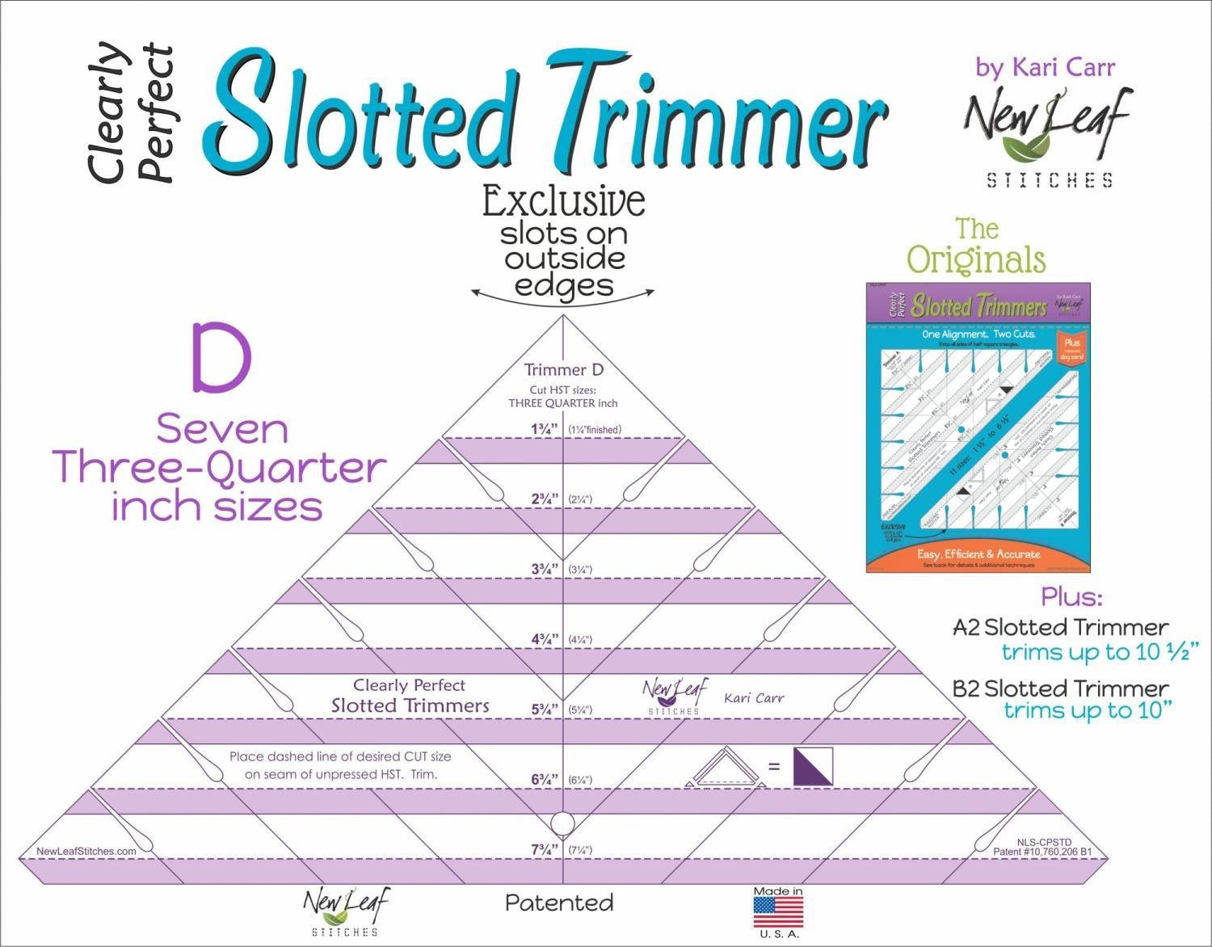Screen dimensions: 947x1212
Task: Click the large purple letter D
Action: tap(221, 358)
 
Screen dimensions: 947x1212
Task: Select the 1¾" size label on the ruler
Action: tap(544, 430)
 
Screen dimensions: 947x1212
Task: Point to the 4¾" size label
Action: tap(544, 639)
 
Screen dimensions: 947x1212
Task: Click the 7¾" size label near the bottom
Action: tap(544, 850)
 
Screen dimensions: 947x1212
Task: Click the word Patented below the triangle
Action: tap(559, 903)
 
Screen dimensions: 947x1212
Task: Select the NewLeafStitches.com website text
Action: tap(86, 851)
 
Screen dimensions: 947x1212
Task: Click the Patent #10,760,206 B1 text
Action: tap(1042, 852)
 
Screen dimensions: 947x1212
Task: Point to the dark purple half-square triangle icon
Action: tap(812, 766)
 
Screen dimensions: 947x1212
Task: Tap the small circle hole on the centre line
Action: tap(562, 824)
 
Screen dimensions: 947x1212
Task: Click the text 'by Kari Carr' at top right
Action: tap(1045, 68)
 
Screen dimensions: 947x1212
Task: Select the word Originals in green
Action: tap(976, 260)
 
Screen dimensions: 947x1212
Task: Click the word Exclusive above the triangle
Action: tap(563, 202)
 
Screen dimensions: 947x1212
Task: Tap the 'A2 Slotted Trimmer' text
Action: tap(1060, 627)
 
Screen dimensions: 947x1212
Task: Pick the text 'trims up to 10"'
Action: tap(1088, 711)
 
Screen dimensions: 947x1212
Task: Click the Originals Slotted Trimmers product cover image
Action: tap(978, 427)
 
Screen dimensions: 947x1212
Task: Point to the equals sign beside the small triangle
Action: tap(773, 765)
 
